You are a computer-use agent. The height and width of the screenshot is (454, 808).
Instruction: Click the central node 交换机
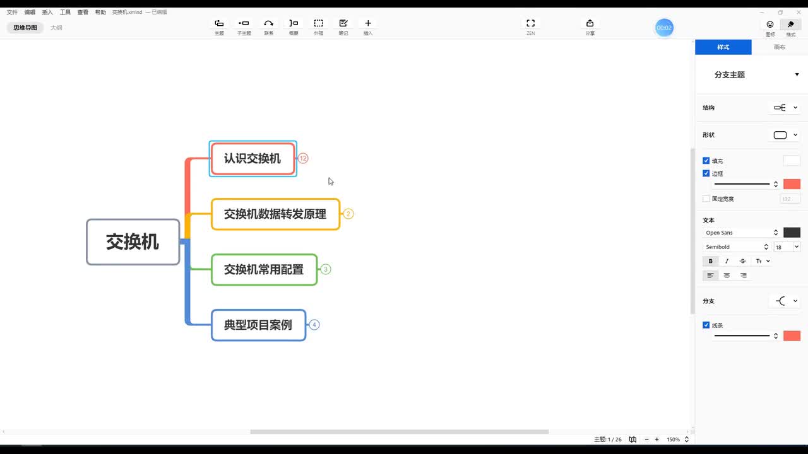pyautogui.click(x=133, y=242)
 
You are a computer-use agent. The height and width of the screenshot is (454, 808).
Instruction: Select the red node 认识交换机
pyautogui.click(x=252, y=159)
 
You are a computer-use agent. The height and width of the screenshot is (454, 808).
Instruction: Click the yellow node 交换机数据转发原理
pyautogui.click(x=275, y=214)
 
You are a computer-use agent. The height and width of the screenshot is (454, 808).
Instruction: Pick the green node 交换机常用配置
pyautogui.click(x=264, y=270)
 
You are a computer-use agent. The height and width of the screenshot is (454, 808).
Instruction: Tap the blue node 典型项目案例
pyautogui.click(x=258, y=325)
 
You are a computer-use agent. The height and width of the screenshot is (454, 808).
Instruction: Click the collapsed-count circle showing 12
pyautogui.click(x=303, y=158)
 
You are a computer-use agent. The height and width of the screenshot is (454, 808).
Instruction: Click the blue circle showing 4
pyautogui.click(x=314, y=325)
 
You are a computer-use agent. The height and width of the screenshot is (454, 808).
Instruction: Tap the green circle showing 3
pyautogui.click(x=326, y=269)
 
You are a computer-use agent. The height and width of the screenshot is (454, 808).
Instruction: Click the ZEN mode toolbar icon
pyautogui.click(x=530, y=24)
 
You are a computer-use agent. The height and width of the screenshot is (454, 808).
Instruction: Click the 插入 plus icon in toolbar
pyautogui.click(x=368, y=24)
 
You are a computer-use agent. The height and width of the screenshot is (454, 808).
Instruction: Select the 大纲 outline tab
pyautogui.click(x=56, y=28)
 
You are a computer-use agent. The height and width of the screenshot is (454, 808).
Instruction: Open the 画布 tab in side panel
pyautogui.click(x=780, y=47)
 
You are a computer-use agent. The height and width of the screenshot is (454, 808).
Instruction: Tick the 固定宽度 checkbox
pyautogui.click(x=706, y=199)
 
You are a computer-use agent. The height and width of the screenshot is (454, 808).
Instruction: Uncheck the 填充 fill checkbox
pyautogui.click(x=706, y=161)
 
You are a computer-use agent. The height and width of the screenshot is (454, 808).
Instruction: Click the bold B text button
pyautogui.click(x=710, y=261)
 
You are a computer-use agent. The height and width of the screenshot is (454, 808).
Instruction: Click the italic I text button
pyautogui.click(x=727, y=261)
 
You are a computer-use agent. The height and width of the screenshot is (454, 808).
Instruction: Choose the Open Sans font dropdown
pyautogui.click(x=742, y=233)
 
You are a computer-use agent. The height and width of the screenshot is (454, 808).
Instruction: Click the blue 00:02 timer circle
pyautogui.click(x=664, y=28)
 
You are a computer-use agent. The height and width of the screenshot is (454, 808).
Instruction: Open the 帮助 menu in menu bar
pyautogui.click(x=100, y=12)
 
